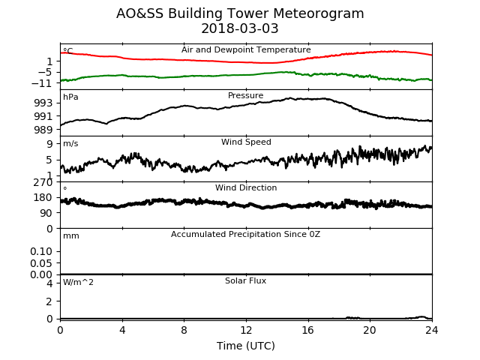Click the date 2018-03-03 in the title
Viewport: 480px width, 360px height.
click(240, 28)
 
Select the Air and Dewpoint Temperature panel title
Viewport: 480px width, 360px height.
click(246, 50)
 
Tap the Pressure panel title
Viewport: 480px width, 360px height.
click(245, 95)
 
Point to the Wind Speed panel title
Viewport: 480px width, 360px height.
click(246, 142)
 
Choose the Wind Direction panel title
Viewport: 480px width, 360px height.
click(246, 187)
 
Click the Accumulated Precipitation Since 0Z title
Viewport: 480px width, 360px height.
click(245, 234)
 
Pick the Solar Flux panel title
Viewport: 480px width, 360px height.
click(245, 280)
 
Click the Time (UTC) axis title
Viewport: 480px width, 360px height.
click(246, 346)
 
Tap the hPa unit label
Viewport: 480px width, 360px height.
click(70, 97)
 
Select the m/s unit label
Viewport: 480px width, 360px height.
click(70, 143)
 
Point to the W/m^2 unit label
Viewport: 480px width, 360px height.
click(78, 282)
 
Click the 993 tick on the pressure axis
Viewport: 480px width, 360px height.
click(43, 103)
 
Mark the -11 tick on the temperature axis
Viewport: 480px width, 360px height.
click(41, 83)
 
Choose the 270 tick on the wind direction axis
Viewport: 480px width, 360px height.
click(43, 183)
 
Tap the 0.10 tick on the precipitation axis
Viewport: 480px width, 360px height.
click(41, 252)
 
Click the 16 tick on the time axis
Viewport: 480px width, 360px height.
click(308, 330)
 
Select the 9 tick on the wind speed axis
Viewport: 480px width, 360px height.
click(49, 144)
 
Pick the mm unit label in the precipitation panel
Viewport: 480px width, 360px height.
click(71, 236)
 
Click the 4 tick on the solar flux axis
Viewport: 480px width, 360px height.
click(49, 283)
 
